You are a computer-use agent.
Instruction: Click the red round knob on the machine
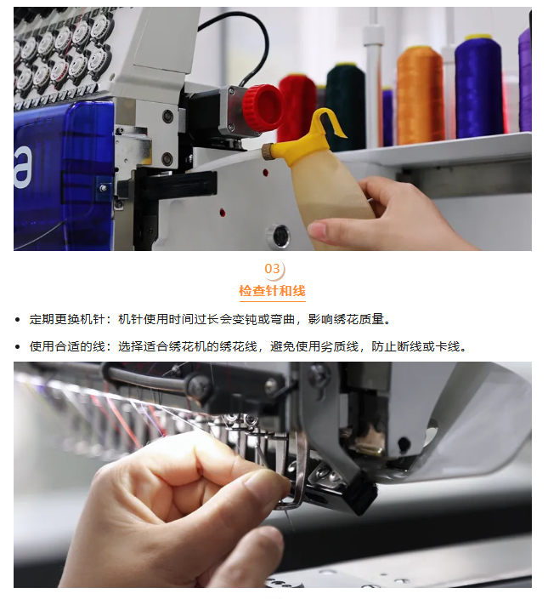click(x=263, y=106)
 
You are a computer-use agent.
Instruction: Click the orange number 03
click(x=272, y=269)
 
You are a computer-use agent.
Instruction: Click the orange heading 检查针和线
click(x=272, y=291)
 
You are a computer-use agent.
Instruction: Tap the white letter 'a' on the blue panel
click(x=22, y=168)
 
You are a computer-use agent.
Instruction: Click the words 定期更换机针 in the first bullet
click(x=67, y=319)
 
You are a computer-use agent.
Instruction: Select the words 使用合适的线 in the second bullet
click(x=67, y=347)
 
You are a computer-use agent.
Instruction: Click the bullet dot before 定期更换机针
click(x=17, y=320)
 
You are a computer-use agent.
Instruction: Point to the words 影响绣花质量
click(x=346, y=319)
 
